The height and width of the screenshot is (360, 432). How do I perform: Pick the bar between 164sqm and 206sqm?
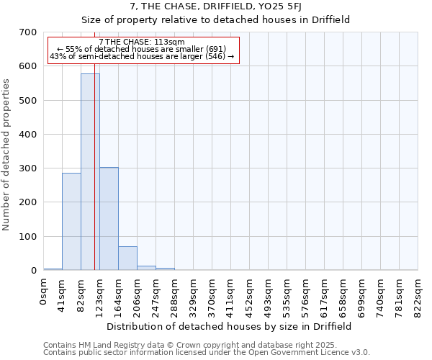(127, 258)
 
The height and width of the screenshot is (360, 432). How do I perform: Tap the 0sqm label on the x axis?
(43, 291)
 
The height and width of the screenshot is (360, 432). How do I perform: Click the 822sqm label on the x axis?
(418, 293)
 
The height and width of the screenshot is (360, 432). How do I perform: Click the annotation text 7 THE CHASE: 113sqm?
(142, 42)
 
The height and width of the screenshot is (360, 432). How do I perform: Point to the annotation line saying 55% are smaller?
(142, 49)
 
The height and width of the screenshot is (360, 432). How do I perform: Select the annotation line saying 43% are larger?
(142, 56)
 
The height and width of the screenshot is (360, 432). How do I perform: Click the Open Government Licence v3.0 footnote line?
(207, 353)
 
